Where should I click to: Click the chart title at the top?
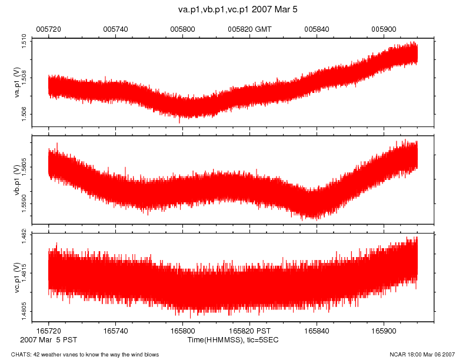point(232,10)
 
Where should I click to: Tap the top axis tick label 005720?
point(48,28)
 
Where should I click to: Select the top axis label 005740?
point(115,28)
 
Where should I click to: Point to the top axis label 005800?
point(182,28)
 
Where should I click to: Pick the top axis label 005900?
point(384,28)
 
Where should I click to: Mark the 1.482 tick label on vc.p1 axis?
point(24,236)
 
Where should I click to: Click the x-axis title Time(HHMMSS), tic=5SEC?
point(232,340)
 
